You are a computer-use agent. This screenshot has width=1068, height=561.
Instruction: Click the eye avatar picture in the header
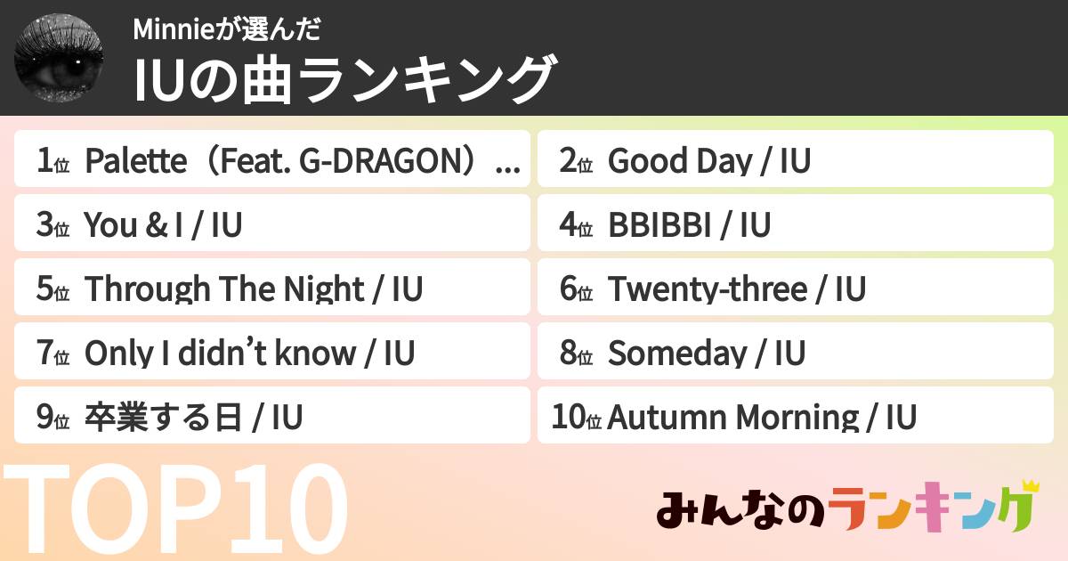point(59,58)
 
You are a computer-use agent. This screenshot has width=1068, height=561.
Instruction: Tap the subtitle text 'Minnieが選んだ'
point(226,29)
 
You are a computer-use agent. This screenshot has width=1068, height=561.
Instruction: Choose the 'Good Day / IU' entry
point(708,161)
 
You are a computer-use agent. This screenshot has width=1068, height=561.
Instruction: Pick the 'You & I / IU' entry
point(163,225)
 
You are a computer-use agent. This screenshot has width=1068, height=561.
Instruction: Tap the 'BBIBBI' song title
point(659,225)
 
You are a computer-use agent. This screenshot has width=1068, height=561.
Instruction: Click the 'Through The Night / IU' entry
point(253,289)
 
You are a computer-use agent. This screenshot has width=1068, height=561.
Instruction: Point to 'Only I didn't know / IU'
point(249,354)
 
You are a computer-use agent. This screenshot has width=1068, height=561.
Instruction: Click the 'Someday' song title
point(676,354)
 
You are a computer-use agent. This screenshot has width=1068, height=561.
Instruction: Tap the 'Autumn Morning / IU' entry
point(762,418)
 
